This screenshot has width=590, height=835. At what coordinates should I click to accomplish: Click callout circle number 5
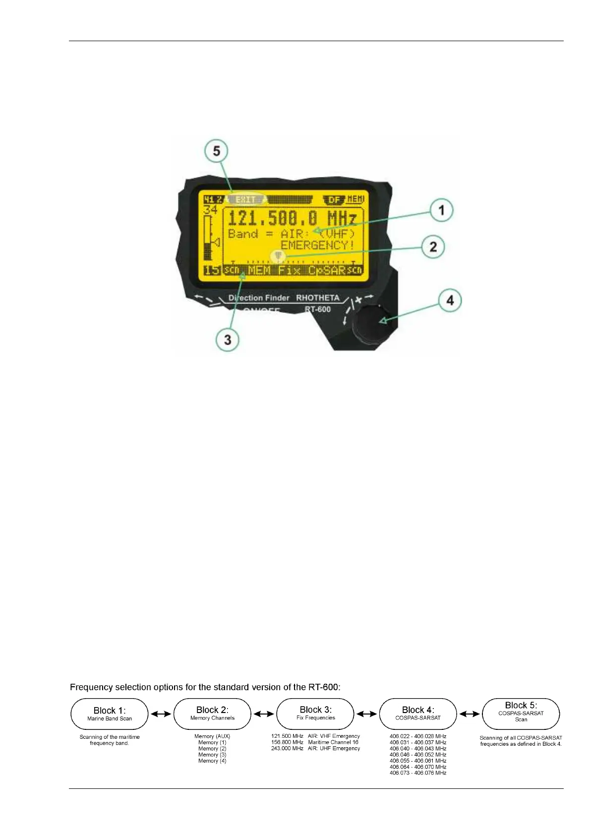217,151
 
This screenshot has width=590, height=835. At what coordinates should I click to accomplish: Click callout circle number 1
441,210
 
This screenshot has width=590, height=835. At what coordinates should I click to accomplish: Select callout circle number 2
433,246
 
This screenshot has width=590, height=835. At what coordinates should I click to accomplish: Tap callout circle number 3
228,340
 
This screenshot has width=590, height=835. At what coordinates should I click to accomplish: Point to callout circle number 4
450,300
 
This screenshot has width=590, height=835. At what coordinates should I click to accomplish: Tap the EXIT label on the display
246,199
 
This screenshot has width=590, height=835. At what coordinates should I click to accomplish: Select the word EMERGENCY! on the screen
317,245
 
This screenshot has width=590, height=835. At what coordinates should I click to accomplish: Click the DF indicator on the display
335,200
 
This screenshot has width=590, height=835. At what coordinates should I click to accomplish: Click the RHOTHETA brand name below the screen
318,298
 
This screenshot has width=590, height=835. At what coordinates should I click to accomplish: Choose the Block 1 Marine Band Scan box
110,714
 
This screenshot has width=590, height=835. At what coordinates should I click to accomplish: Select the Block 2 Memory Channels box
212,714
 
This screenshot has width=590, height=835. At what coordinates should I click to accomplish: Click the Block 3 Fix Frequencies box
315,714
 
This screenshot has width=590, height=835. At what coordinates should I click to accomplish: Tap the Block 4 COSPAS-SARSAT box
418,714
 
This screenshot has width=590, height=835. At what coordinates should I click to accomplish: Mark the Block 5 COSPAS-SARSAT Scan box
521,714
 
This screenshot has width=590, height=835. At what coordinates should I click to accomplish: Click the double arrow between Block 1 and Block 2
161,714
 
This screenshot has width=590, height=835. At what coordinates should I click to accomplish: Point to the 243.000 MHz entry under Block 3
287,748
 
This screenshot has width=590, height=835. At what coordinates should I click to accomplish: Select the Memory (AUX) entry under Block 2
212,736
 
